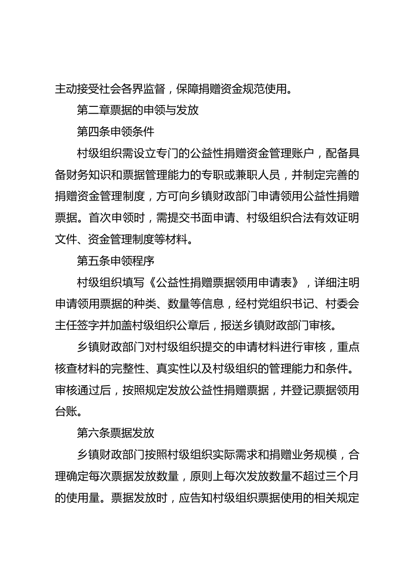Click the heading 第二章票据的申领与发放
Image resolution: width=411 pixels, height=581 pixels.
point(138,110)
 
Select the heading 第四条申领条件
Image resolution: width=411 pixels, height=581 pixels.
point(116,131)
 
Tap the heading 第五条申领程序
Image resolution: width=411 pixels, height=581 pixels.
point(116,261)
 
